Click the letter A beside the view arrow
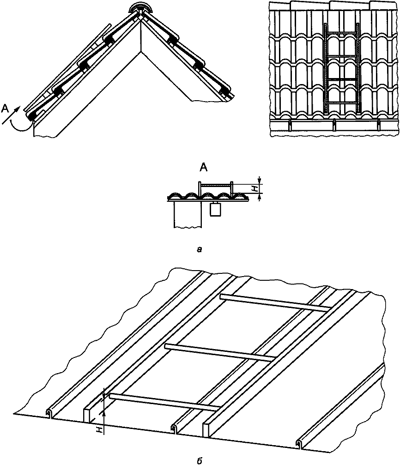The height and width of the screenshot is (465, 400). [x=5, y=109]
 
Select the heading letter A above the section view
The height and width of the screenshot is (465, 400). [x=203, y=168]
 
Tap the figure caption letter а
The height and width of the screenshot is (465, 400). [x=200, y=250]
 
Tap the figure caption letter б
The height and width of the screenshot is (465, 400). [x=200, y=461]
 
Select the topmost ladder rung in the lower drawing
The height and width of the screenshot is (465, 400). [x=275, y=302]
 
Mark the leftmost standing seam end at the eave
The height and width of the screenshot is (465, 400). [x=49, y=413]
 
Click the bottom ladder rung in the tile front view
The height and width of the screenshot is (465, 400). [x=342, y=103]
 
